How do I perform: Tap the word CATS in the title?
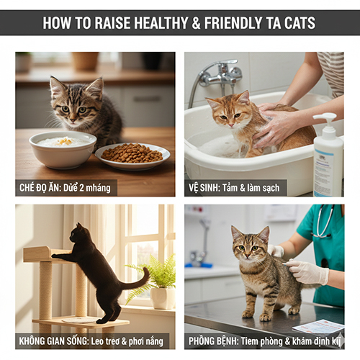(x=300, y=23)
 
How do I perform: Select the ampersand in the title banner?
(x=196, y=23)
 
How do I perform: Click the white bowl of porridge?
(x=63, y=149)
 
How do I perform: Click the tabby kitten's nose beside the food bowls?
(x=72, y=120)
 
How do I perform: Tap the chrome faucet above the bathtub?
(x=220, y=74)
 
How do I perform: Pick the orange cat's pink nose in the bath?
(x=231, y=125)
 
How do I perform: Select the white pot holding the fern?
(x=163, y=298)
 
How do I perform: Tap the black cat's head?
(x=77, y=234)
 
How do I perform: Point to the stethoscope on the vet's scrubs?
(x=324, y=222)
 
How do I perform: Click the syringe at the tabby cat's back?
(x=286, y=264)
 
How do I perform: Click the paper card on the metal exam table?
(x=318, y=328)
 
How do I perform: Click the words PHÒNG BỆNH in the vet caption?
(x=213, y=341)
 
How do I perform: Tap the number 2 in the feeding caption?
(x=81, y=188)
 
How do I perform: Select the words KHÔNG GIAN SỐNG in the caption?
(x=53, y=341)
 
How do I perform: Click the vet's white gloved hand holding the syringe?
(x=308, y=271)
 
